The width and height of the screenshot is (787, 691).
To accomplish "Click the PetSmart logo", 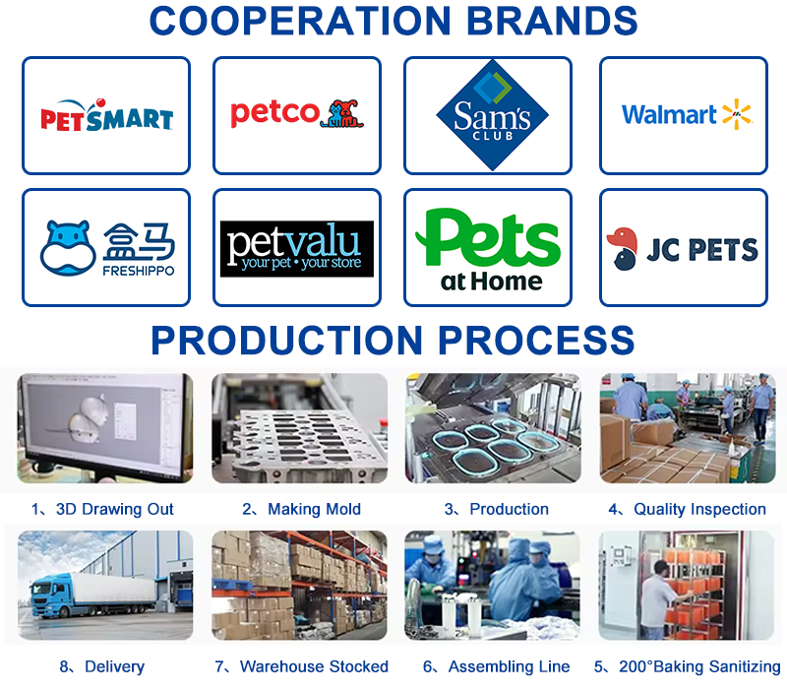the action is [x=106, y=115].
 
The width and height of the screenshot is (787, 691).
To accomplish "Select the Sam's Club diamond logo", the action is [x=492, y=115].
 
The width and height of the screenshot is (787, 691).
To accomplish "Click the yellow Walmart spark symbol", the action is [x=736, y=114].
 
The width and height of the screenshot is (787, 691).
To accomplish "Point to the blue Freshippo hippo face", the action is [x=68, y=248].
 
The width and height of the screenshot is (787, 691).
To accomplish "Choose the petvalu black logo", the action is [x=297, y=249].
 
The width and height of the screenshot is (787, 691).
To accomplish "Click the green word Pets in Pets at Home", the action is [x=487, y=238].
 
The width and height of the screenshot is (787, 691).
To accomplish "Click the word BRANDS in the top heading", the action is [x=552, y=21].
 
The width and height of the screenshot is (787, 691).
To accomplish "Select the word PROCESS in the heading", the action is [x=536, y=340].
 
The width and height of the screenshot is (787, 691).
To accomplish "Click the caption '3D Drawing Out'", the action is [x=114, y=509].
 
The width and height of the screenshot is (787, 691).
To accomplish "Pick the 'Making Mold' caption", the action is [x=314, y=509].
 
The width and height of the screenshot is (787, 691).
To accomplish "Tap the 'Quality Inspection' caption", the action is [x=699, y=509].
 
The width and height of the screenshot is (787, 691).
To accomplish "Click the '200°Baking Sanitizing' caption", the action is [x=699, y=666].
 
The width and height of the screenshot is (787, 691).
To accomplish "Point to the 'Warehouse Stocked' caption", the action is [x=314, y=666].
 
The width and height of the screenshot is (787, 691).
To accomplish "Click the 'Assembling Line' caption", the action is [x=509, y=666].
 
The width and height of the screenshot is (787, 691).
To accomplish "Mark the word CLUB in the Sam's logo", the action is [x=493, y=136].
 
